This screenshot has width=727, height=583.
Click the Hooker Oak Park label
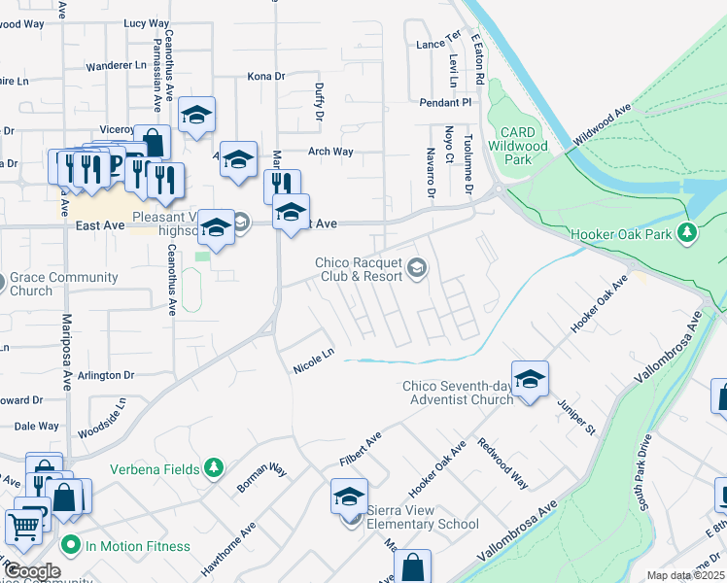(622, 233)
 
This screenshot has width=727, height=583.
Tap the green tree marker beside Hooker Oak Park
(687, 233)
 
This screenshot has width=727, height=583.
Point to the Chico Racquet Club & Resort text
(358, 269)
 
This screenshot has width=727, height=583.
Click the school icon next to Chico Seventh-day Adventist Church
(530, 379)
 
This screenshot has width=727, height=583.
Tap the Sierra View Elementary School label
(422, 524)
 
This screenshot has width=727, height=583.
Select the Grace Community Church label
(64, 284)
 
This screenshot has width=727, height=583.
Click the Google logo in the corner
(31, 571)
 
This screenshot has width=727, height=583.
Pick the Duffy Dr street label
(319, 101)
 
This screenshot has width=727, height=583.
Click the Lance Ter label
(437, 45)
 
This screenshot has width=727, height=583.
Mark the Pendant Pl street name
(445, 102)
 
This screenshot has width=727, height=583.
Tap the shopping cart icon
(25, 526)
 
